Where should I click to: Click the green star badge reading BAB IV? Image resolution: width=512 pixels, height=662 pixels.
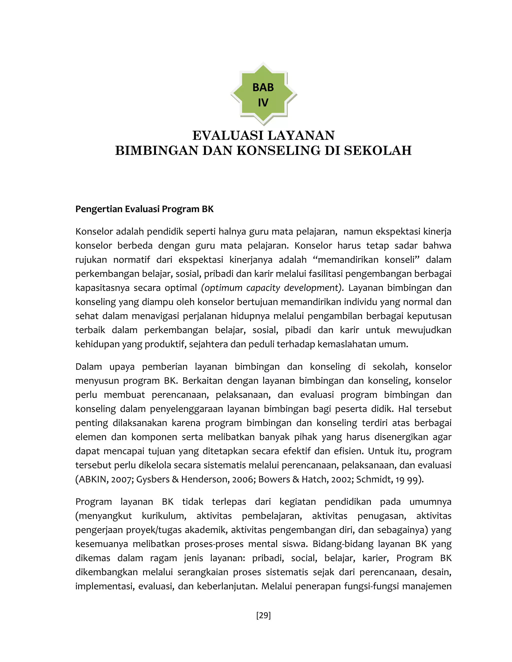point(263,94)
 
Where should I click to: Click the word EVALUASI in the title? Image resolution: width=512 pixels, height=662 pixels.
point(228,135)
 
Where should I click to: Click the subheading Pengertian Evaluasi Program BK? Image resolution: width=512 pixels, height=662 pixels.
point(144,209)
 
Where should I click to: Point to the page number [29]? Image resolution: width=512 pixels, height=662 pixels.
point(263,615)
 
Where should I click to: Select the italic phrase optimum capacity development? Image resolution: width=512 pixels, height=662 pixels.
point(271,288)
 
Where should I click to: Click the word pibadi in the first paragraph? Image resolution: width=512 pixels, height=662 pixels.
point(297,330)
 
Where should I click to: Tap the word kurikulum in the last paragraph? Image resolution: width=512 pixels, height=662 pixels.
point(164,516)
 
